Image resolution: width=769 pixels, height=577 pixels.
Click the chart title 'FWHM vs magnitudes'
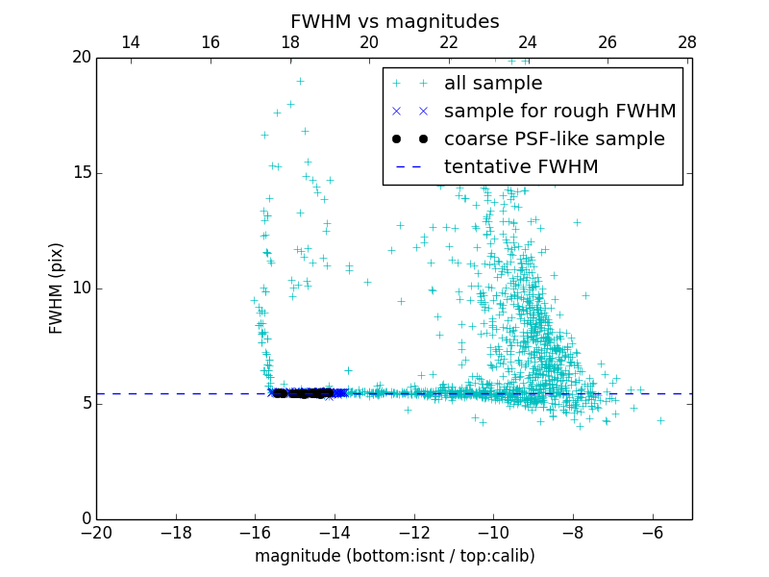(x=394, y=21)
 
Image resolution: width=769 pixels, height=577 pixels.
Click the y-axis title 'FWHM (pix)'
(x=57, y=288)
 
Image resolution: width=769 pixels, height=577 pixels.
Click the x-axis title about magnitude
(x=394, y=556)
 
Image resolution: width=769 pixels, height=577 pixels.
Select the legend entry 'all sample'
(x=492, y=84)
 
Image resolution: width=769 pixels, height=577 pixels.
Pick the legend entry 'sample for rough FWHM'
(x=559, y=112)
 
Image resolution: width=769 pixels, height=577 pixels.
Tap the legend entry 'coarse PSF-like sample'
(x=554, y=139)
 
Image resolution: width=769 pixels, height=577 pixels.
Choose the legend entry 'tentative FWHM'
(x=520, y=167)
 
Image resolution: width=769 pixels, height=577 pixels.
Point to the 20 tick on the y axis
(x=80, y=58)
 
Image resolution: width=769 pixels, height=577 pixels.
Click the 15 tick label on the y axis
(x=80, y=173)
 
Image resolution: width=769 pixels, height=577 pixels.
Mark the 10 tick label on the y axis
(x=80, y=288)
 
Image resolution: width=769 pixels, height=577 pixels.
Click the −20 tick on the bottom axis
(x=96, y=531)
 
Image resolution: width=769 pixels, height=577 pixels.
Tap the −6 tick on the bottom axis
(x=652, y=531)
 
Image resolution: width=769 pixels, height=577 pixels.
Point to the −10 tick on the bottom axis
(x=493, y=531)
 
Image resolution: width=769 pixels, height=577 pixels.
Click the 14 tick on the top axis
(x=131, y=42)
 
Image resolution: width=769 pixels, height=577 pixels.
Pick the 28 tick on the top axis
(x=686, y=42)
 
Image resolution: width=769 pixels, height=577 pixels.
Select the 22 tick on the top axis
(x=449, y=42)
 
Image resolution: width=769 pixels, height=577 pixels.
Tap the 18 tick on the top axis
(x=290, y=42)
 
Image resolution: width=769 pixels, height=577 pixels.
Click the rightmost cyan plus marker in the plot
(x=660, y=420)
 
